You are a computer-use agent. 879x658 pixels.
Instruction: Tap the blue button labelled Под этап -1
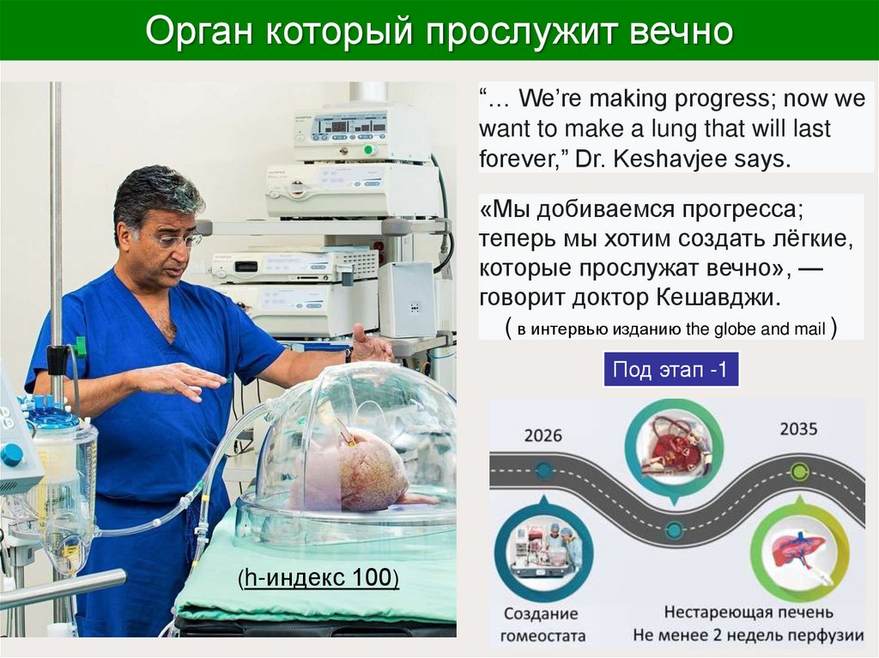[670, 370]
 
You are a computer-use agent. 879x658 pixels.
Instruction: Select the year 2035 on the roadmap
[798, 427]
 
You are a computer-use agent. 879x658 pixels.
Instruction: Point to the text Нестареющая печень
[748, 613]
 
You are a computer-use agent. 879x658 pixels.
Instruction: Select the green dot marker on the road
[799, 471]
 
